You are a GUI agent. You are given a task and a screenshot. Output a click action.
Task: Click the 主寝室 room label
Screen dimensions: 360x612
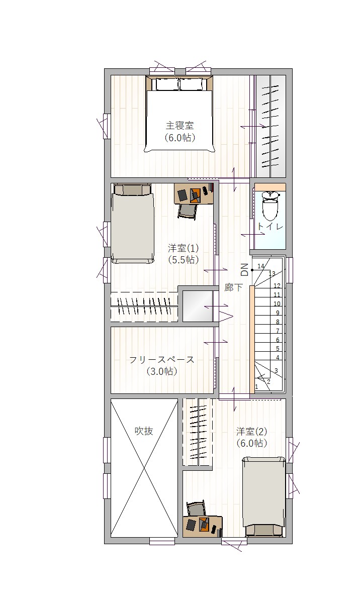[x=179, y=126]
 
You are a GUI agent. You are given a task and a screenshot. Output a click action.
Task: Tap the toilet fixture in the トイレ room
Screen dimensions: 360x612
[x=270, y=206]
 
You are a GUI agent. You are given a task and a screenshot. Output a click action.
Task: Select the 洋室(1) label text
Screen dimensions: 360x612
[x=183, y=248]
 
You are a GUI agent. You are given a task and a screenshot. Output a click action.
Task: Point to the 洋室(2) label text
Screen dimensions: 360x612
[x=251, y=432]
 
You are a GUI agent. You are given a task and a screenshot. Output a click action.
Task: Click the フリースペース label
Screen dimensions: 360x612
[x=161, y=360]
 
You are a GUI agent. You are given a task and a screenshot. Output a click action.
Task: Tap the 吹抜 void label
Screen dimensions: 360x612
[x=144, y=431]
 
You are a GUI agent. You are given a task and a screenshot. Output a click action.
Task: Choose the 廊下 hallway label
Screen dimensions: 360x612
[x=233, y=287]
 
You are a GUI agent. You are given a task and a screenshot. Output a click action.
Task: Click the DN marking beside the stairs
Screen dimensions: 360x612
[x=245, y=270]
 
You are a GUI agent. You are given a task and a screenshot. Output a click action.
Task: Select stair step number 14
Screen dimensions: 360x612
[x=261, y=266]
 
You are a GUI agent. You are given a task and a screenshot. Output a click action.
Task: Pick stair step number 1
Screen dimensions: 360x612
[x=256, y=387]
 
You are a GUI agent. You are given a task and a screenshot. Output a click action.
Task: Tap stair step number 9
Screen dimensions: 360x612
[x=278, y=313]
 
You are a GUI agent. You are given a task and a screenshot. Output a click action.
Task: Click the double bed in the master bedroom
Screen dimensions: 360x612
[x=179, y=114]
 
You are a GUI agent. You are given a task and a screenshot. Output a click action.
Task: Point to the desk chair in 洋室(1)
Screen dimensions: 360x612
[x=188, y=212]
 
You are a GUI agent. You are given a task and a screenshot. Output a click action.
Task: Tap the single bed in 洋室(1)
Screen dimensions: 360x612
[x=133, y=224]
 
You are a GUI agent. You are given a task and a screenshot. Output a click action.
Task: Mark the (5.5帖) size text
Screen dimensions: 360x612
[x=183, y=260]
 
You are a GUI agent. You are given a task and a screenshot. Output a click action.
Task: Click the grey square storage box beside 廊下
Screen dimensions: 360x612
[x=198, y=307]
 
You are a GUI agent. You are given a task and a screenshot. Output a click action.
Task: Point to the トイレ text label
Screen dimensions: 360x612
[x=270, y=227]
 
